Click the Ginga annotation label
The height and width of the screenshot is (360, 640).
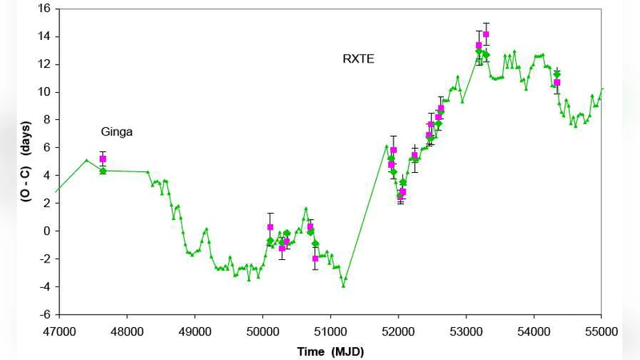[117, 132]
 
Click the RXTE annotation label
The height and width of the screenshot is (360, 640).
[358, 58]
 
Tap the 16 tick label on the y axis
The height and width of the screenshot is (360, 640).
[45, 8]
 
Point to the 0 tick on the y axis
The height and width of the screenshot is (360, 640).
[48, 231]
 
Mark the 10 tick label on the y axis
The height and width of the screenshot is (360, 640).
[45, 92]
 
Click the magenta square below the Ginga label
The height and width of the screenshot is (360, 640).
[102, 159]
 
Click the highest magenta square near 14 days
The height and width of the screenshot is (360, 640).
[486, 34]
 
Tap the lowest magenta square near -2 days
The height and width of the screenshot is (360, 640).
[315, 258]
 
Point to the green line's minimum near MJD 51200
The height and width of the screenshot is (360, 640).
[344, 286]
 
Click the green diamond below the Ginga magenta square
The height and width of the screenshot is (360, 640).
[102, 170]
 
